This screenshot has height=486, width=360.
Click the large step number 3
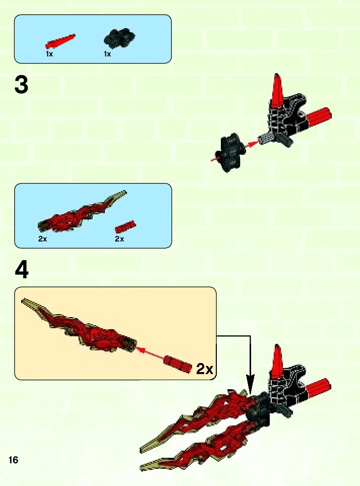pos(21,85)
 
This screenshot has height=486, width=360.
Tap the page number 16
pos(14,459)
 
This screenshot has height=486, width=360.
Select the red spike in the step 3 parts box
pos(60,41)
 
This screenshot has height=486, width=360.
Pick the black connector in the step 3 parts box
pos(119,38)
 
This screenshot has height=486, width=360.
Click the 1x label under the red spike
pos(49,54)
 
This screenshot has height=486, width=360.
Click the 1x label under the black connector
pos(107,54)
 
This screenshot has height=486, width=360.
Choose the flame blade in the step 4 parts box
pos(82,211)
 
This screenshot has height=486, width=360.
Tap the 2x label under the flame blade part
pos(43,238)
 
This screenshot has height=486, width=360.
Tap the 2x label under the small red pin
pos(119,238)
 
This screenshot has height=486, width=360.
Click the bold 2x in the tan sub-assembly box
pos(205,369)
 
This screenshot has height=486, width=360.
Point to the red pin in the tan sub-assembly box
pos(178,363)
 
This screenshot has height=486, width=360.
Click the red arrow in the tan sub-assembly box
pos(150,353)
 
